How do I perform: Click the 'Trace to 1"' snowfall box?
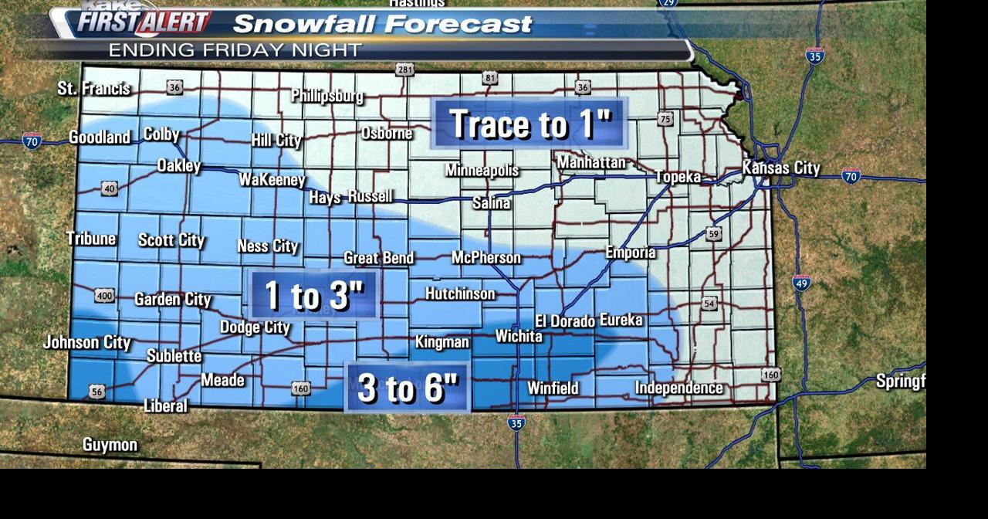point(530,124)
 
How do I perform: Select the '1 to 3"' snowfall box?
point(313,295)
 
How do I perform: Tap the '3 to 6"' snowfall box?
point(408,388)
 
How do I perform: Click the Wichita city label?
point(519,336)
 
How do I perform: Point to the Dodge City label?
point(255,327)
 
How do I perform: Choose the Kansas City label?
point(781,168)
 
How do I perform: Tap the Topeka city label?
point(678,177)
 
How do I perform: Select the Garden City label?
point(173,299)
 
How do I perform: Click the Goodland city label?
point(100,137)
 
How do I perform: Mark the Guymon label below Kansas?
point(110,445)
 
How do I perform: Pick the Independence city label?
point(679,388)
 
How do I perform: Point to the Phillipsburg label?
point(327,97)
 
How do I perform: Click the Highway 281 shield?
point(404,70)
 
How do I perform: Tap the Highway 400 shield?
point(105,295)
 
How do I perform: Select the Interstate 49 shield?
point(801,283)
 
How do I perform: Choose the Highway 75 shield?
point(665,119)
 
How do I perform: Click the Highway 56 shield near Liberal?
point(96,392)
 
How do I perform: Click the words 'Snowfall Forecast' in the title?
point(383,24)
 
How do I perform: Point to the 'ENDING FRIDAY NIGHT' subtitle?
point(235,50)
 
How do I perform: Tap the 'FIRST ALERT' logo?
point(144,22)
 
